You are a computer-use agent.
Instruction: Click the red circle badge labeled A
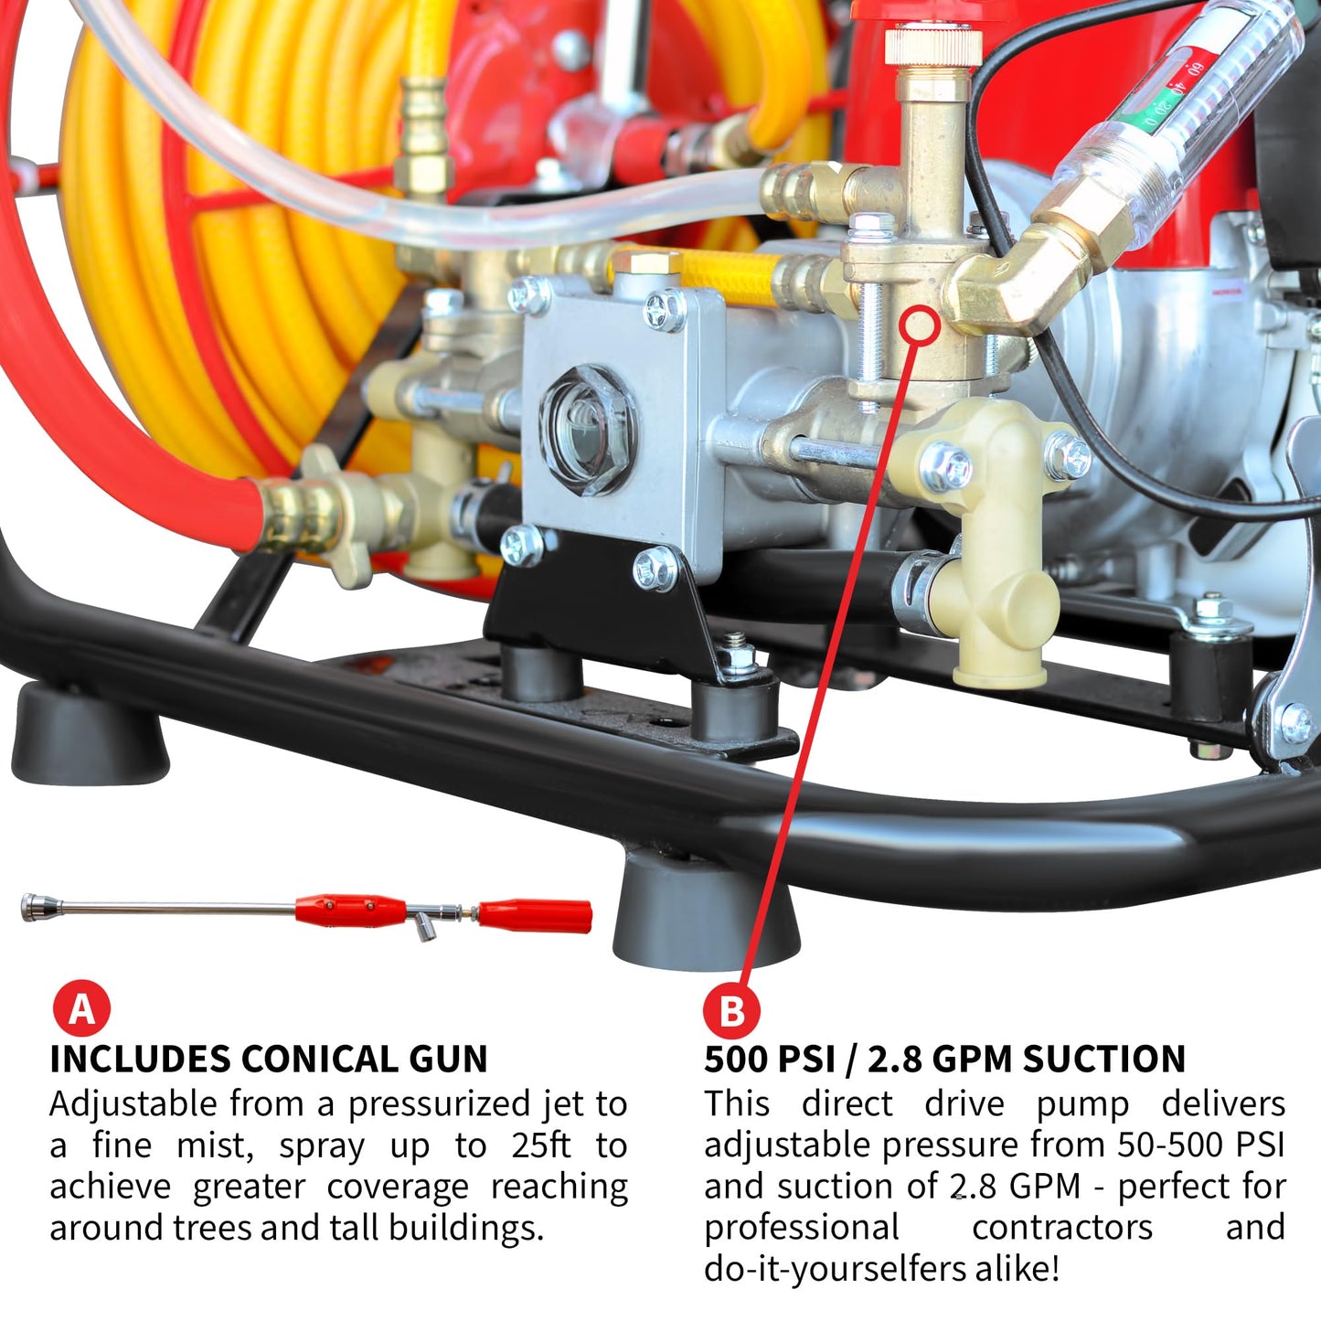(80, 1009)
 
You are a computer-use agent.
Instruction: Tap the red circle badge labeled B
(732, 1010)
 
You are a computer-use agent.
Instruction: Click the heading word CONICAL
(319, 1060)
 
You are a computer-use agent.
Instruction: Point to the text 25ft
(541, 1145)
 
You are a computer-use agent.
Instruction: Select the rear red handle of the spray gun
(534, 916)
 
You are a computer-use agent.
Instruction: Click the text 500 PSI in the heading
(769, 1060)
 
